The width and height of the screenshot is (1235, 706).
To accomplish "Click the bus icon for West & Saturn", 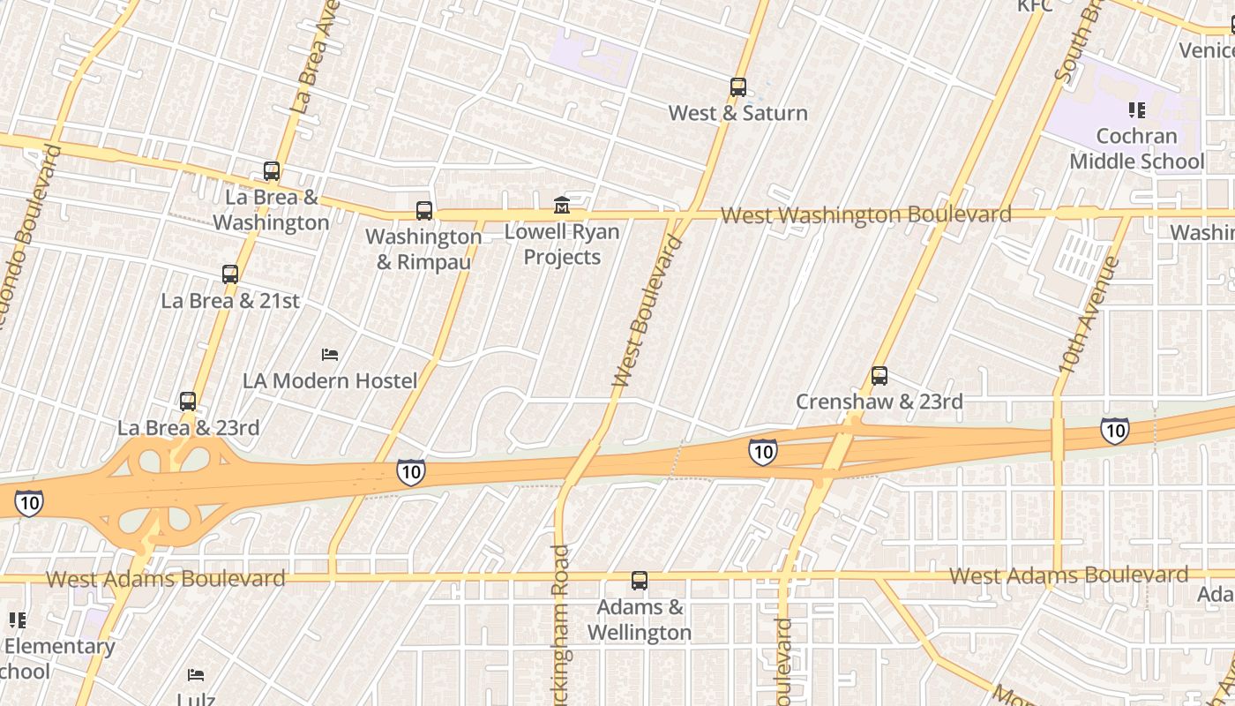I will [x=738, y=87].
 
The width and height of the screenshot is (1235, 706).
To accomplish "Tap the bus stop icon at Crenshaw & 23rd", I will [x=879, y=376].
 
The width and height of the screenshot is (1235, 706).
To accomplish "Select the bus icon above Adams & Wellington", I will [x=640, y=582].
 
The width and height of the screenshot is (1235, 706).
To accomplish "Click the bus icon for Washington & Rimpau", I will [x=424, y=211].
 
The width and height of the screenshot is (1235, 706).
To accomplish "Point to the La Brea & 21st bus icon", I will [x=230, y=274].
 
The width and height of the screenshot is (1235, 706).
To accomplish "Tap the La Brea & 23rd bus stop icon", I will [x=188, y=402].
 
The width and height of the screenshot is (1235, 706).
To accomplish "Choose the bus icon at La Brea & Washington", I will [x=272, y=172].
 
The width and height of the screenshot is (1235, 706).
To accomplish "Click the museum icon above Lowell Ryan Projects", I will [x=562, y=206].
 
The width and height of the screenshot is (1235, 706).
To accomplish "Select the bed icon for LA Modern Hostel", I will [x=330, y=355].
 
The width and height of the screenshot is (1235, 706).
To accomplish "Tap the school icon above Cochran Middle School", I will [x=1137, y=110].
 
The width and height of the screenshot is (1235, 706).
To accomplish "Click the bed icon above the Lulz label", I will [x=196, y=675].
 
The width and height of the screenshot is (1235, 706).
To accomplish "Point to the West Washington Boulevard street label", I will [x=865, y=215].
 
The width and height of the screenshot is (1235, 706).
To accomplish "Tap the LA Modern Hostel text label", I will [x=330, y=381].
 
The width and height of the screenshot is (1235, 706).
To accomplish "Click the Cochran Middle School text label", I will [x=1137, y=149].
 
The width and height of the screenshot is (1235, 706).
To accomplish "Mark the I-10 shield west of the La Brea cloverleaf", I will [x=28, y=504].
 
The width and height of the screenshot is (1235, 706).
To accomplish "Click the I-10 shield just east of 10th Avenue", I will [x=1115, y=431].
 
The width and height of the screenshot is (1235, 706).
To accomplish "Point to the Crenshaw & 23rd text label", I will [x=879, y=402].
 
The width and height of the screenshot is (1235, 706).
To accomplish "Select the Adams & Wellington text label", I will [x=640, y=620].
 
